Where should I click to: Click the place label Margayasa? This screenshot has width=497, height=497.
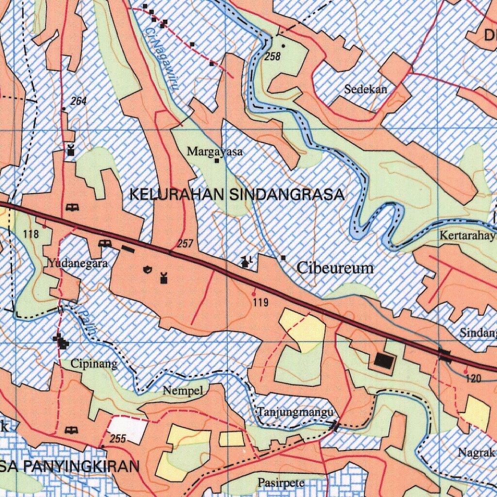pos(215,152)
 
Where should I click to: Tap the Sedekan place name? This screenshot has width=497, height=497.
pos(366,89)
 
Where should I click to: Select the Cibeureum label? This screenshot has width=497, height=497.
pos(335,268)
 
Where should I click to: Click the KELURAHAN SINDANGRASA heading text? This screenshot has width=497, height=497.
pos(237,195)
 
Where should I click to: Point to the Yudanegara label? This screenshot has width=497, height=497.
pos(78,264)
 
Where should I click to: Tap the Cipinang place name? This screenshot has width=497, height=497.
pos(94,364)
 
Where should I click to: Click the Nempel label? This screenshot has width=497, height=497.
pos(182,390)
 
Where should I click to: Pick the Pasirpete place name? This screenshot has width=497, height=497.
pos(281,483)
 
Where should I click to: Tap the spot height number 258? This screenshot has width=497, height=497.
pos(273,57)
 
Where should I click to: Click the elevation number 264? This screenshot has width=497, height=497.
pos(78,101)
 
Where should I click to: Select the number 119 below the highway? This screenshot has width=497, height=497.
pos(261,303)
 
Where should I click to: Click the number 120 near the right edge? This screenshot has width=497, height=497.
pos(473,379)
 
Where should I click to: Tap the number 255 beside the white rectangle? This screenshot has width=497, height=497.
pos(118,439)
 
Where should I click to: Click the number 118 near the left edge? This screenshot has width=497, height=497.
pos(31,234)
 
